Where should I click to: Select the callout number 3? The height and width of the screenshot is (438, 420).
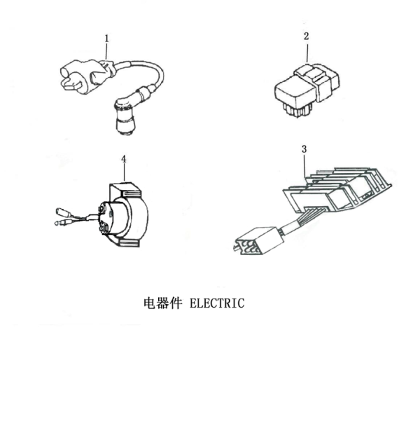tap(303, 149)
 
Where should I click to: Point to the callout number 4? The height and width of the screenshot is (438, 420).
tap(123, 159)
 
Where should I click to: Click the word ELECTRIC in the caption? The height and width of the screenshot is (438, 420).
tap(218, 303)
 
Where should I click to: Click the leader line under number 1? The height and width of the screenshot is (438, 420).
tap(107, 50)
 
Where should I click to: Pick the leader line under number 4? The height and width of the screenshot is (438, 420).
tap(124, 174)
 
